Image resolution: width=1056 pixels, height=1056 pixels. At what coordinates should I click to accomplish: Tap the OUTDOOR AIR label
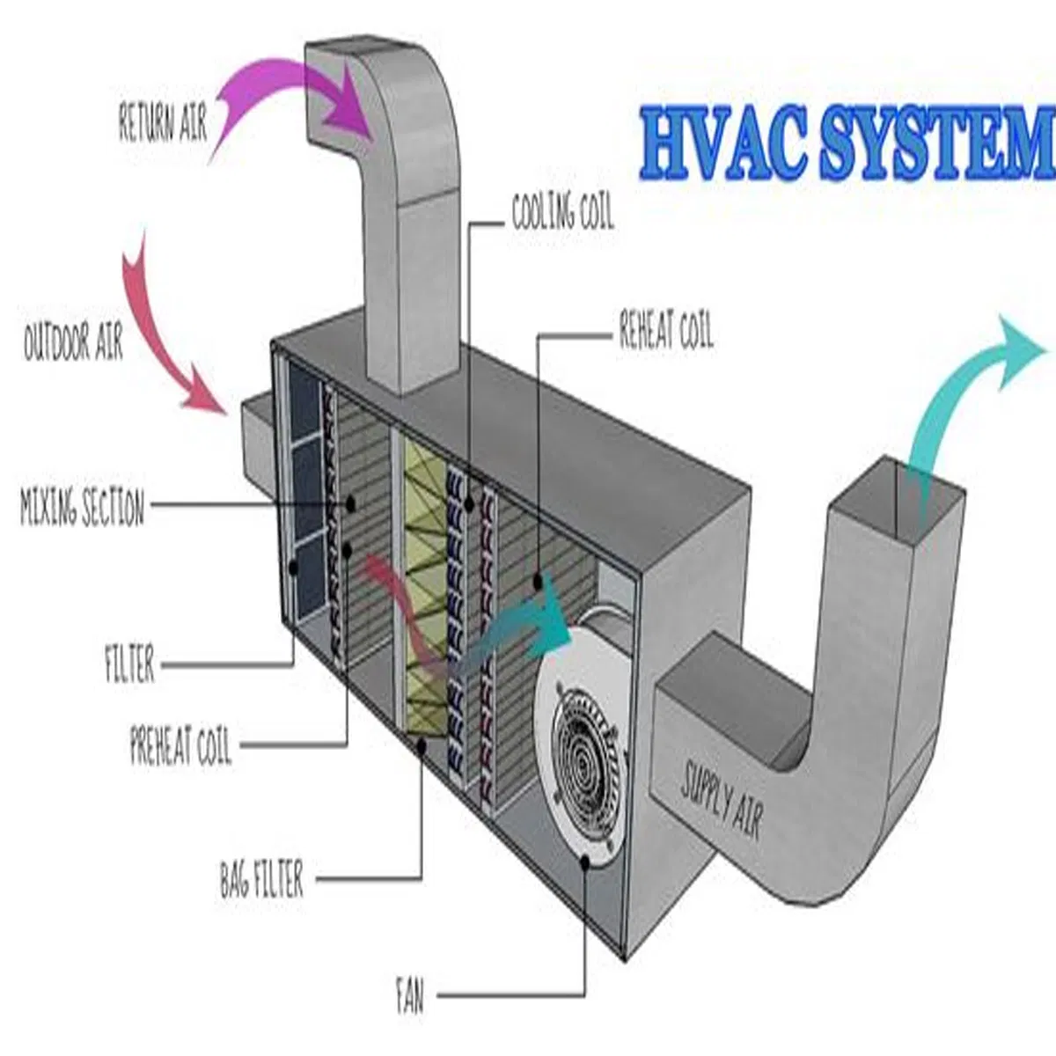pyautogui.click(x=73, y=341)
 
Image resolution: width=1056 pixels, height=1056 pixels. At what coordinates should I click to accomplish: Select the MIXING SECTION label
pyautogui.click(x=82, y=509)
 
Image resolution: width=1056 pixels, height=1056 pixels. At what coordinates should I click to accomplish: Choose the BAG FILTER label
pyautogui.click(x=261, y=880)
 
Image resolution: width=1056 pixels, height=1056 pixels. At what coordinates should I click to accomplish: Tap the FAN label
pyautogui.click(x=409, y=997)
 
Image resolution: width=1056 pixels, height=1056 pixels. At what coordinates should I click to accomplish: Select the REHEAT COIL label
pyautogui.click(x=666, y=333)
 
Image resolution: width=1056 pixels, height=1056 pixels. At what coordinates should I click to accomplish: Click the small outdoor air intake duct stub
pyautogui.click(x=253, y=436)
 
